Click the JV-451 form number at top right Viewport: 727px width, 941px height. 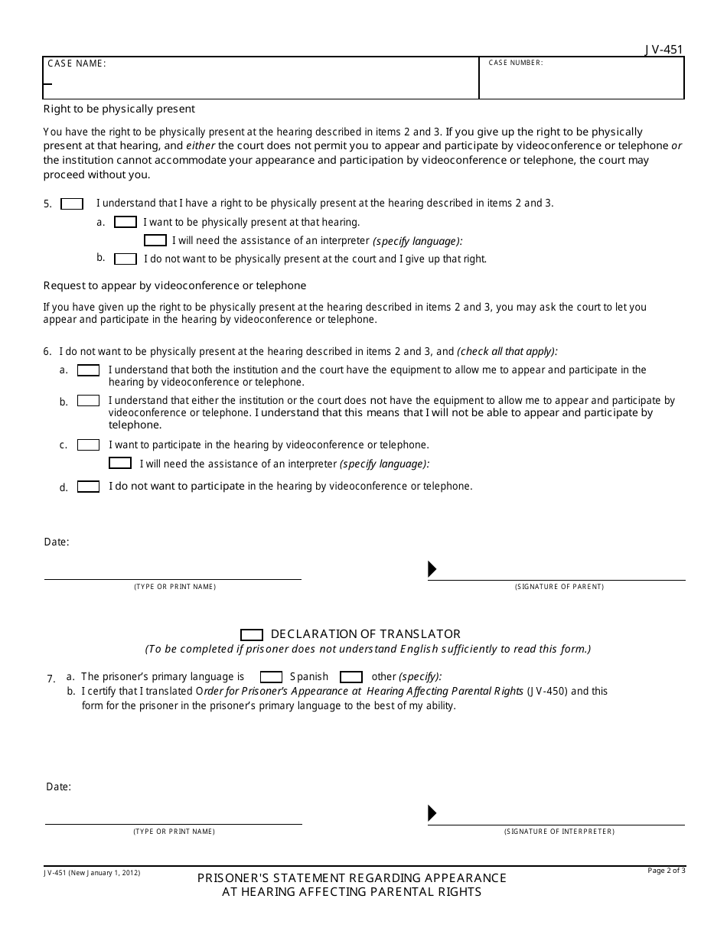pos(663,50)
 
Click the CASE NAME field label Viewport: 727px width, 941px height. pos(77,63)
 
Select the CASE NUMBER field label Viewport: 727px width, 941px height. pos(516,63)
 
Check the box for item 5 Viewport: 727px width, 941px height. pos(72,204)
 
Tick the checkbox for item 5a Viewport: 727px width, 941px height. pos(125,222)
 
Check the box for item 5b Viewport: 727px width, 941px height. pos(125,259)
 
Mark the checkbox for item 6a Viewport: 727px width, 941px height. pos(88,370)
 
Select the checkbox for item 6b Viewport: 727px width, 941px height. pos(88,401)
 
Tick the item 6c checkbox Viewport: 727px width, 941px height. pos(88,444)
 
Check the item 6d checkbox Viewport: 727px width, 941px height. pos(88,487)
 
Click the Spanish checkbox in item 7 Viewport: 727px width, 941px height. pos(271,677)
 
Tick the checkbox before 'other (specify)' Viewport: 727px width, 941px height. pos(351,677)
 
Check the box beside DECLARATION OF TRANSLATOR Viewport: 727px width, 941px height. pos(251,634)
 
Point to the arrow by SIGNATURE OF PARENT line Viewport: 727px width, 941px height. pos(432,569)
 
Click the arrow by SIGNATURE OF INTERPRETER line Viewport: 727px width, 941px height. pos(432,813)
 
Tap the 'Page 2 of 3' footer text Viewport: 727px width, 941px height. pos(667,870)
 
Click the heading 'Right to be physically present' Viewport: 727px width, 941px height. pos(119,109)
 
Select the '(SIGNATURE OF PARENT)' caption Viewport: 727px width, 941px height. pos(559,587)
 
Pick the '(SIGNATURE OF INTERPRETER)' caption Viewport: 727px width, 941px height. pos(559,832)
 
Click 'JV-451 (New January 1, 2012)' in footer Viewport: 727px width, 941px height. pos(91,872)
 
